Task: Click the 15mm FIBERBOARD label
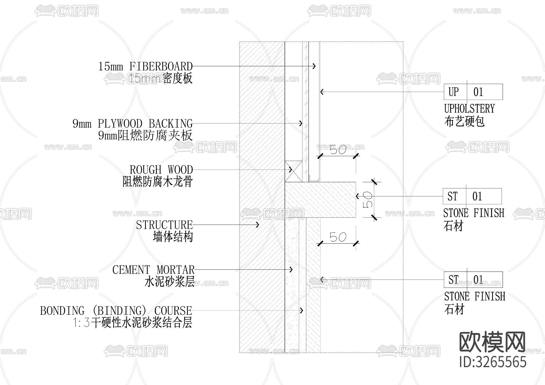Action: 145,67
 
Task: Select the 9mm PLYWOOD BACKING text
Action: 132,124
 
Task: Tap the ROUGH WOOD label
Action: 161,170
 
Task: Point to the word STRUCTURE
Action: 164,225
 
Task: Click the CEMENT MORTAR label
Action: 153,270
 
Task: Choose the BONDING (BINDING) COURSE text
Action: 116,311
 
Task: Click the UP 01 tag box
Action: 473,92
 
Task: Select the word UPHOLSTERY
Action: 469,109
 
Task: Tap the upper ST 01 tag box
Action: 472,196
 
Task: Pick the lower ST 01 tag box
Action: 473,280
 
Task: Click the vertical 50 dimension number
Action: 368,200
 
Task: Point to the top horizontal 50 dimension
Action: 338,150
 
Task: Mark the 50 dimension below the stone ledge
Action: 338,237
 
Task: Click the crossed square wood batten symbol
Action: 293,171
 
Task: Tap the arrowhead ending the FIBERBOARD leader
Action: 315,66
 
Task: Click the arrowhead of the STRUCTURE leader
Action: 258,225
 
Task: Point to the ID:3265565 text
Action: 493,362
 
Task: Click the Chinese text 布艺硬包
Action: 464,121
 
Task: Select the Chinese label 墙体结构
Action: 173,237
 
